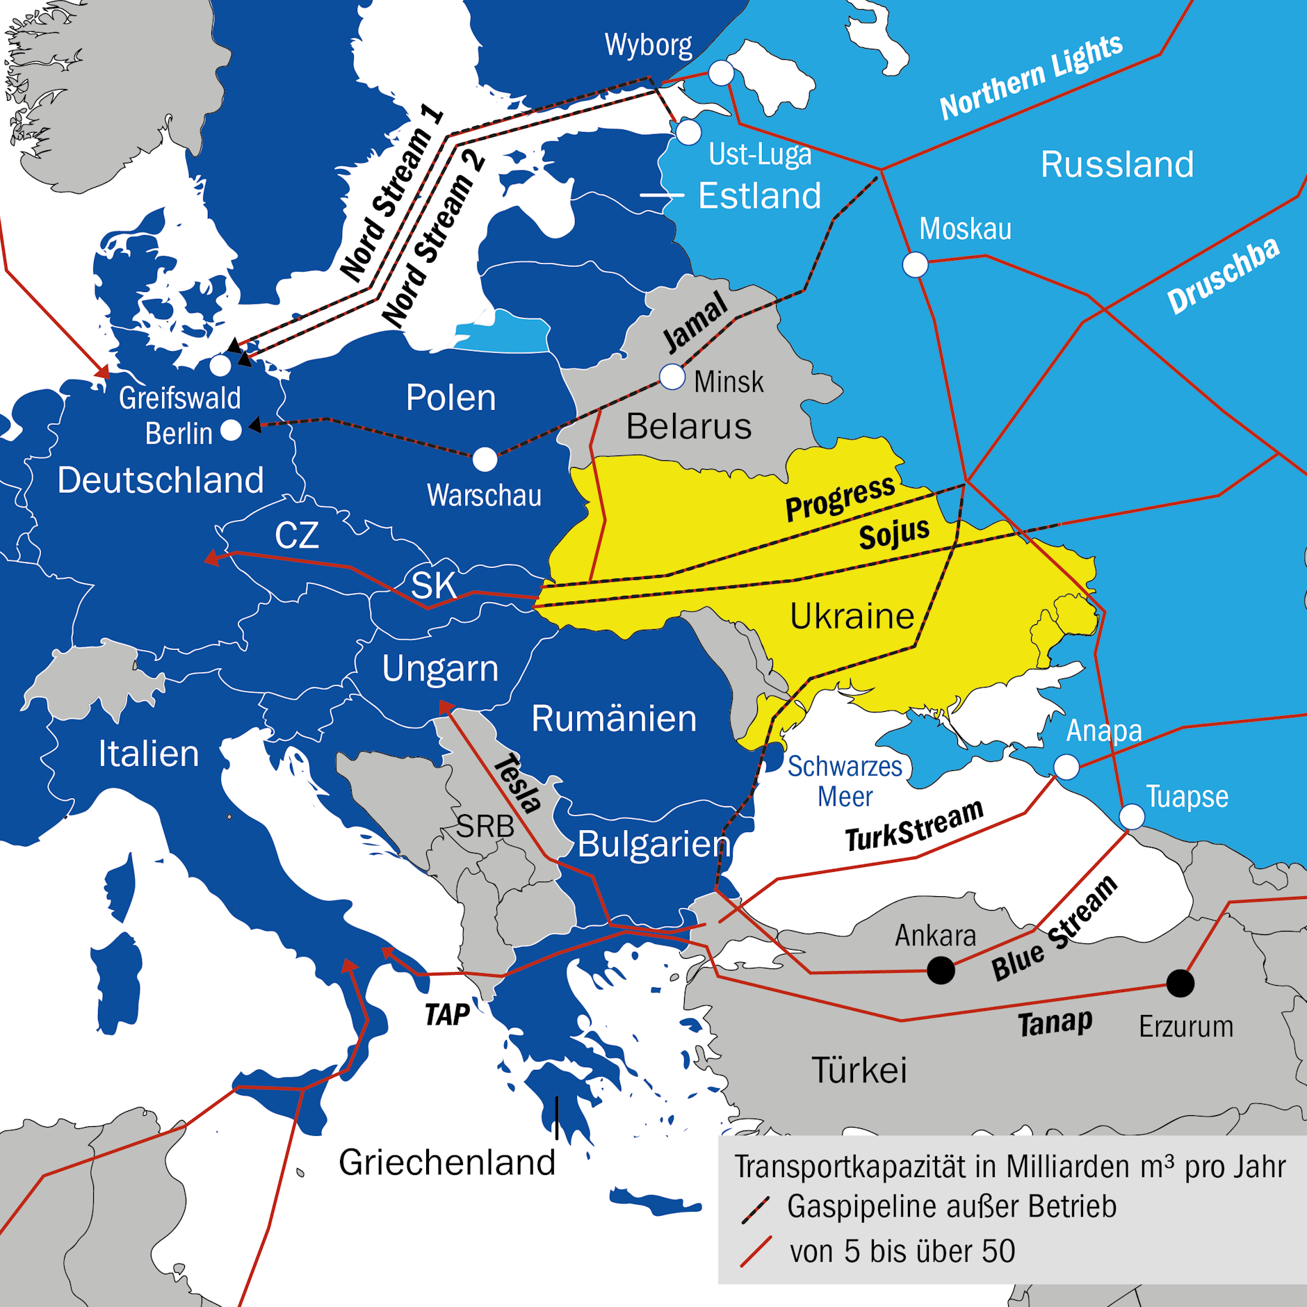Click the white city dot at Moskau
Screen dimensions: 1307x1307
(x=915, y=265)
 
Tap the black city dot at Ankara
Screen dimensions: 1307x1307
(x=941, y=970)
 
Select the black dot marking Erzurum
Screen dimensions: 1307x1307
(x=1180, y=983)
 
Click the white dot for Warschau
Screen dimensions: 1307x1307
(x=485, y=459)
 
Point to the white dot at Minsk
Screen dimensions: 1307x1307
(x=672, y=377)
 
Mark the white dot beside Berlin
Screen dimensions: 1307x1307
(x=231, y=430)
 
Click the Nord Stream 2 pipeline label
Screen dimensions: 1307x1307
(x=433, y=240)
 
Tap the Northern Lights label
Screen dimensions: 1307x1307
(x=1031, y=76)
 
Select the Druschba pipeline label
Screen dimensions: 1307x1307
(x=1223, y=276)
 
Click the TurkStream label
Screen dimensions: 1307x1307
(x=914, y=825)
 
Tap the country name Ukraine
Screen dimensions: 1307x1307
(x=852, y=616)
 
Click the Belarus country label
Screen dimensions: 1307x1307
(x=688, y=426)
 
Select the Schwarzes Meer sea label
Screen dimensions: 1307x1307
(x=845, y=781)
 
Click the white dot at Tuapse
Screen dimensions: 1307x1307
(x=1132, y=816)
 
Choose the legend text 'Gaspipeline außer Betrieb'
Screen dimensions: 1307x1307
(x=951, y=1207)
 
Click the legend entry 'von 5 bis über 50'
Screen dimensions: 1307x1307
(x=902, y=1251)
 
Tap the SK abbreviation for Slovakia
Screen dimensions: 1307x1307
(x=433, y=585)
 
